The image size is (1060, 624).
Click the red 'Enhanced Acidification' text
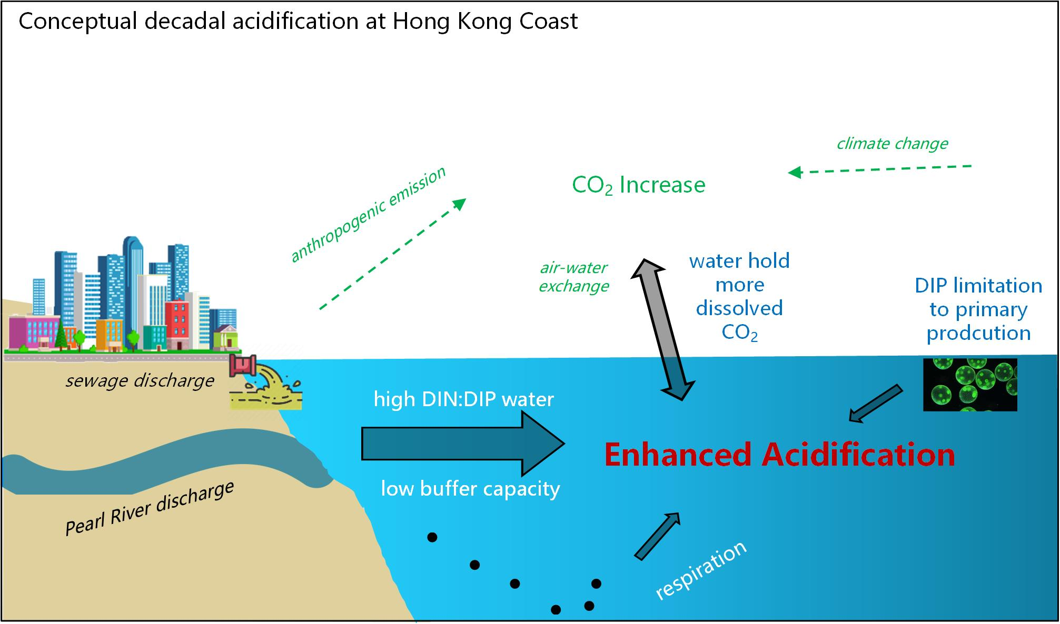[779, 455]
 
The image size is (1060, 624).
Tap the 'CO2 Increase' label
[638, 185]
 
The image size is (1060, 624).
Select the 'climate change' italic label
[892, 144]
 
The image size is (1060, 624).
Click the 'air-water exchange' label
[573, 277]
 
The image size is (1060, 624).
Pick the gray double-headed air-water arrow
[662, 329]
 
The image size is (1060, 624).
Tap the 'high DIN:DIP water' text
[463, 399]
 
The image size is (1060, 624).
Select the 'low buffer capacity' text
[470, 489]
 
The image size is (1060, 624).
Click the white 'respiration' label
[700, 570]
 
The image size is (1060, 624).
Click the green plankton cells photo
[970, 385]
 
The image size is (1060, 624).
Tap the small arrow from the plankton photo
[876, 404]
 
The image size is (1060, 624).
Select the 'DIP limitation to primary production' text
[978, 309]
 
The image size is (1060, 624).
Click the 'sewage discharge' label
[140, 380]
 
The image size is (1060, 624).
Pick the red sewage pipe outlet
[243, 366]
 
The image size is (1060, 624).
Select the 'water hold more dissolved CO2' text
[739, 296]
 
